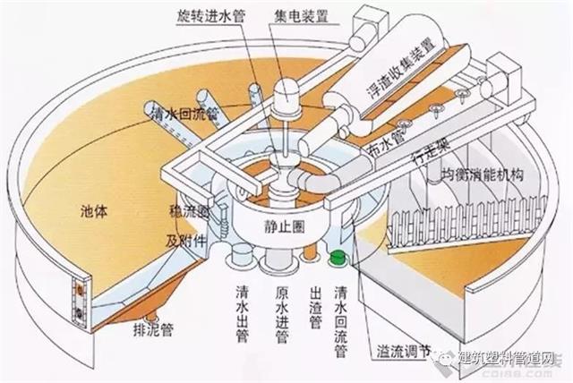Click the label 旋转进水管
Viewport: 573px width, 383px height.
[210, 17]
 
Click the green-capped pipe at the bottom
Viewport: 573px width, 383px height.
[338, 260]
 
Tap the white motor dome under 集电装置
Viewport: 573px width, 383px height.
[289, 92]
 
